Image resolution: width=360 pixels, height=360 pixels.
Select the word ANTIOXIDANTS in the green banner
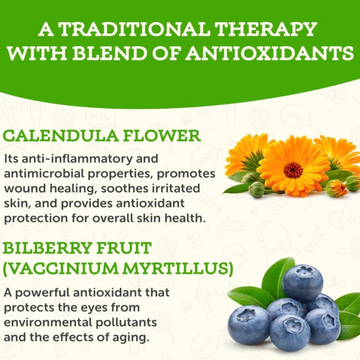pos(270,53)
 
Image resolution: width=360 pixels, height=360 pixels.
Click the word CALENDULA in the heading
pos(61,136)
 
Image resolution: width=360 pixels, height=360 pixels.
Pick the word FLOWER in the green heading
pos(162,136)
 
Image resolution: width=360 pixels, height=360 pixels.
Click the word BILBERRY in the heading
pos(47,248)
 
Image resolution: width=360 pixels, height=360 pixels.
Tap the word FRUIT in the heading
pos(123,248)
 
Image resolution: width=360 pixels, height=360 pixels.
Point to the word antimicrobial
pos(44,174)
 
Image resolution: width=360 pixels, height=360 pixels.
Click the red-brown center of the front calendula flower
pos(293,170)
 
